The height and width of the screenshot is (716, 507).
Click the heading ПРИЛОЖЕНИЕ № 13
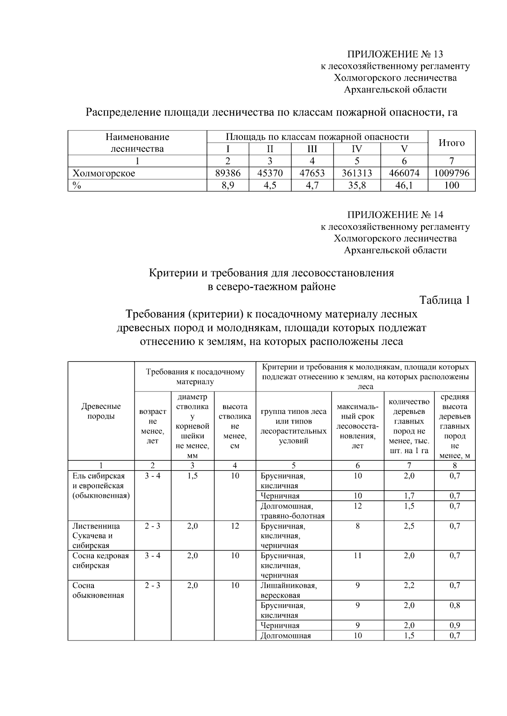click(x=395, y=54)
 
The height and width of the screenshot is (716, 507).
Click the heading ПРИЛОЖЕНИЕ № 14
click(x=395, y=215)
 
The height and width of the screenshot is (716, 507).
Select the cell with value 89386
click(x=228, y=173)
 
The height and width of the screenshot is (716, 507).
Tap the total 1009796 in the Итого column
click(x=452, y=173)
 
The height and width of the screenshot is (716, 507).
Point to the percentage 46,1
click(x=404, y=185)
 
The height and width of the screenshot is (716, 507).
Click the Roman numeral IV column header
click(x=357, y=149)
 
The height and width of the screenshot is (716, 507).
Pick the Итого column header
click(x=451, y=143)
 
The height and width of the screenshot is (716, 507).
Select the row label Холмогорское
click(x=104, y=173)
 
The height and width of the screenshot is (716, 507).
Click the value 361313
click(x=357, y=173)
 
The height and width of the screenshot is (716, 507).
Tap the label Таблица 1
click(x=444, y=300)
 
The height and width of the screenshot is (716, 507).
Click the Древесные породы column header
click(x=101, y=411)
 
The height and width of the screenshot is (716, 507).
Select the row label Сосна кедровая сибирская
click(x=101, y=560)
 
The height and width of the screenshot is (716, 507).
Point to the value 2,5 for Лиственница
click(x=409, y=526)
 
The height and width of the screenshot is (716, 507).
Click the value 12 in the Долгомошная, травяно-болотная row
click(x=357, y=505)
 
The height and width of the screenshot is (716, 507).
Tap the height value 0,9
click(x=455, y=625)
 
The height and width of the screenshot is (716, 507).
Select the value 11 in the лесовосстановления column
click(x=357, y=555)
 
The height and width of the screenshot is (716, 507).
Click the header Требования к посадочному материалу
click(x=195, y=377)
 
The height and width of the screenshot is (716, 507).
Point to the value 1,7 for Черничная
click(x=409, y=496)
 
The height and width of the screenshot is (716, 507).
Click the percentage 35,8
click(x=357, y=185)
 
